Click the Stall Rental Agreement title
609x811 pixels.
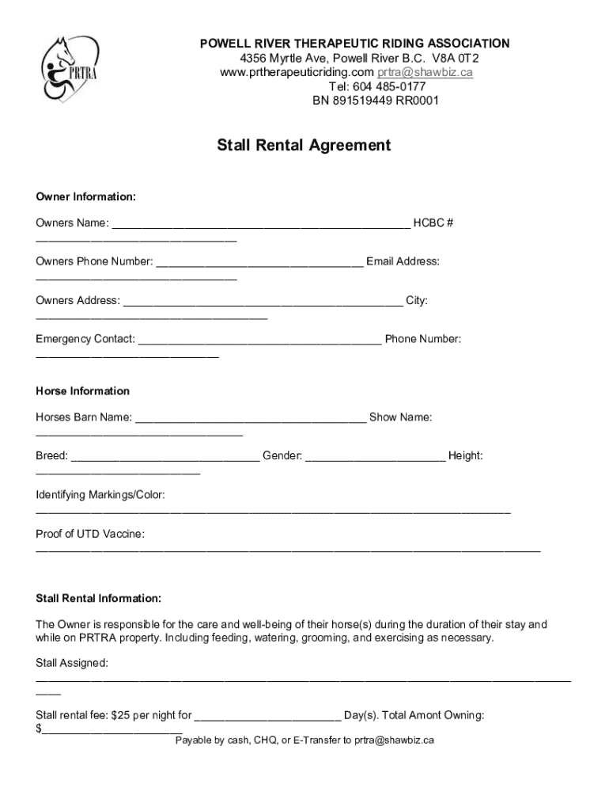[304, 146]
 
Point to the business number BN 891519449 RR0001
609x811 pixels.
[376, 101]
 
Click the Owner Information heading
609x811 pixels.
[85, 196]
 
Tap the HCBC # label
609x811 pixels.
[433, 223]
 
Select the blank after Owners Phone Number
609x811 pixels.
[259, 264]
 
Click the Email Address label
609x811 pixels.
[403, 261]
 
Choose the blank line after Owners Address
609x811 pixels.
[263, 303]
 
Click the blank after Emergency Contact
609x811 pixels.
[259, 341]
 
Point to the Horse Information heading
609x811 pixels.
[82, 391]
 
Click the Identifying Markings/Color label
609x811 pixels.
[100, 495]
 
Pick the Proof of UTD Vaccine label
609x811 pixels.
[90, 534]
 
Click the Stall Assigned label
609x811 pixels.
[72, 662]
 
